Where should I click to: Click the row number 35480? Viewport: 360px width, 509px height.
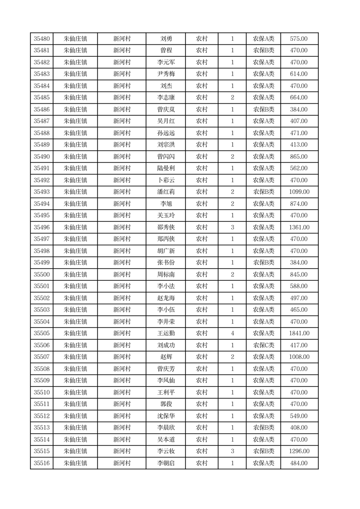click(x=42, y=39)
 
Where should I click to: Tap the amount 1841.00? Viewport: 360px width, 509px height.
click(x=299, y=333)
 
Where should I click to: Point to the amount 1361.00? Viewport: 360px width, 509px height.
click(x=299, y=227)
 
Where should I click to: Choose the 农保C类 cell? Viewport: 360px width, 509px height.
click(x=263, y=345)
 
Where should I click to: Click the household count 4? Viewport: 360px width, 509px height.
click(x=233, y=333)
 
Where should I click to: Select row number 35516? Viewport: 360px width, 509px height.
click(x=42, y=463)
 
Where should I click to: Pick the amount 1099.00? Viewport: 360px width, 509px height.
click(x=299, y=192)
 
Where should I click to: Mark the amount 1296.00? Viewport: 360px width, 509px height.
click(x=299, y=451)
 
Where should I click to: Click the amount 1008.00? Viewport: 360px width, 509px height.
click(x=299, y=357)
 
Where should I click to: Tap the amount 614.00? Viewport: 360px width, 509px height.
click(x=299, y=74)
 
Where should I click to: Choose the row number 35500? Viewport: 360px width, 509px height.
click(x=42, y=274)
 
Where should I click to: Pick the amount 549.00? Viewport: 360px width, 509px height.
click(x=299, y=416)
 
